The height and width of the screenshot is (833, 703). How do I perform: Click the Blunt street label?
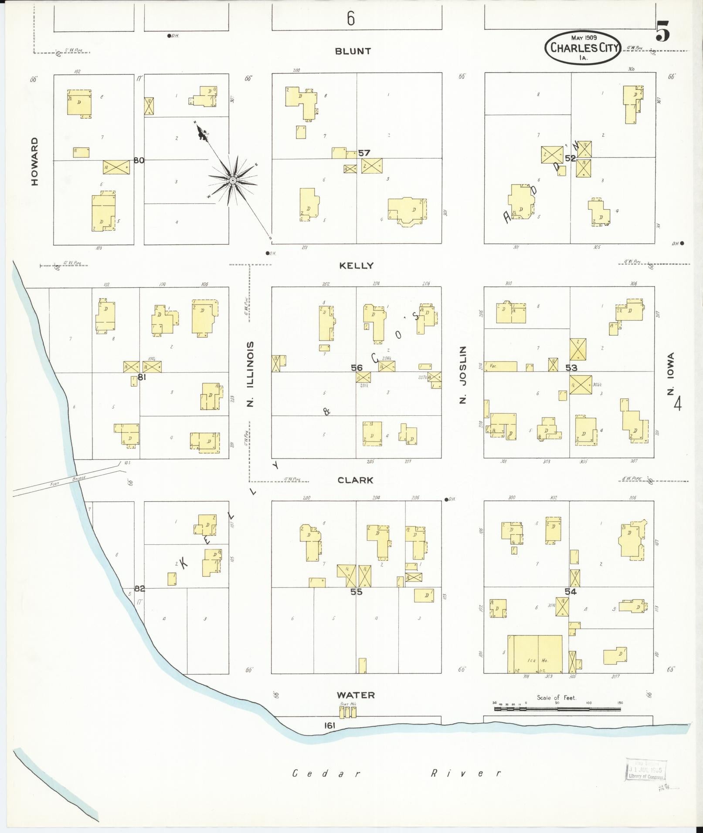pyautogui.click(x=353, y=51)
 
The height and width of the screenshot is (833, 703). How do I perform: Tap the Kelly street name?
pyautogui.click(x=356, y=266)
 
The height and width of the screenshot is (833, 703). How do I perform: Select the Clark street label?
pyautogui.click(x=355, y=480)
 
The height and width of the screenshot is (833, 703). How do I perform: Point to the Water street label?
pyautogui.click(x=356, y=695)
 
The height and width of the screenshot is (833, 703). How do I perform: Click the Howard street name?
pyautogui.click(x=34, y=162)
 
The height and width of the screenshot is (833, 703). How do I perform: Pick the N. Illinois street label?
pyautogui.click(x=250, y=374)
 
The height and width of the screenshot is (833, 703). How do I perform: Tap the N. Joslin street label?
pyautogui.click(x=463, y=375)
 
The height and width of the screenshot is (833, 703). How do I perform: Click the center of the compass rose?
pyautogui.click(x=233, y=179)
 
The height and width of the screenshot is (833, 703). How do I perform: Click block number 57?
pyautogui.click(x=364, y=153)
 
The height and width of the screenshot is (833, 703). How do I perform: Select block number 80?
pyautogui.click(x=139, y=160)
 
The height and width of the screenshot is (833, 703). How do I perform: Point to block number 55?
pyautogui.click(x=356, y=592)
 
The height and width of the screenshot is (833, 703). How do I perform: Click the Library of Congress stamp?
pyautogui.click(x=645, y=770)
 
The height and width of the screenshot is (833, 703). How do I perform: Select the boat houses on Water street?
pyautogui.click(x=348, y=712)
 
